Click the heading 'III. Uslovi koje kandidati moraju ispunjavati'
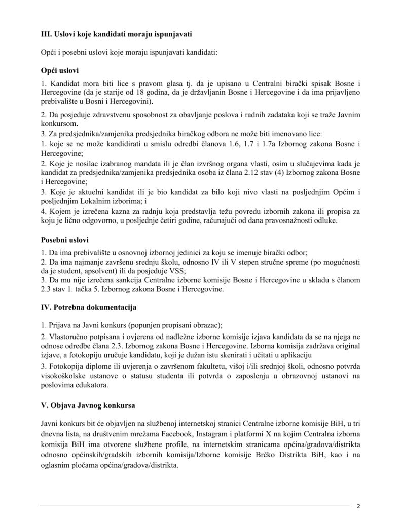pyautogui.click(x=116, y=34)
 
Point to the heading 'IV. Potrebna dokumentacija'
pyautogui.click(x=89, y=307)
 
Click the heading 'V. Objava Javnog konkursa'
pyautogui.click(x=88, y=406)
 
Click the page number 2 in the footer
pyautogui.click(x=358, y=506)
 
